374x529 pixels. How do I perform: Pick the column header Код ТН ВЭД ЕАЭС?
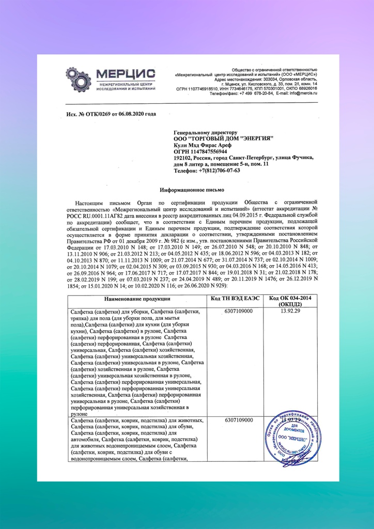(x=238, y=299)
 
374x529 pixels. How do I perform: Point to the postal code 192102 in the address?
(x=183, y=158)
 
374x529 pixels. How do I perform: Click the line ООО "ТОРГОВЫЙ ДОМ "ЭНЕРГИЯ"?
(x=223, y=139)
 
